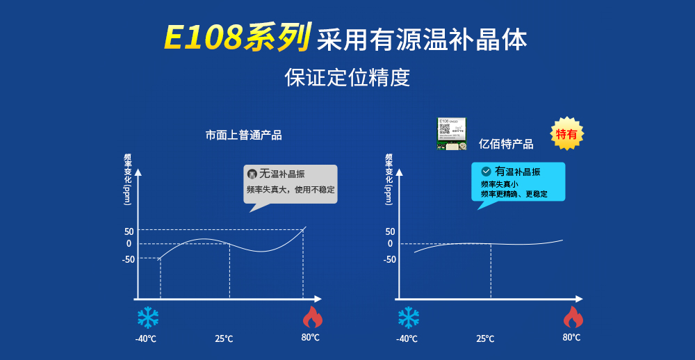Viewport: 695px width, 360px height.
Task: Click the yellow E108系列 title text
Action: tap(236, 39)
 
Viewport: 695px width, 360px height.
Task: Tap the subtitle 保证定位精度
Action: tap(347, 77)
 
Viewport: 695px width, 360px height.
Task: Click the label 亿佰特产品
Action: tap(506, 144)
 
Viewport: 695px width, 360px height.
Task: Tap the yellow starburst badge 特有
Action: tap(567, 133)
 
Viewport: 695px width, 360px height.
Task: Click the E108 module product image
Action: tap(451, 133)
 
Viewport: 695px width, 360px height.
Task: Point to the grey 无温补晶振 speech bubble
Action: tap(291, 183)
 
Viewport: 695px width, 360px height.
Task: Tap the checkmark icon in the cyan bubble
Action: tap(486, 171)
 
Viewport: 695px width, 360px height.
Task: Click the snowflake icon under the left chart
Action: tap(147, 318)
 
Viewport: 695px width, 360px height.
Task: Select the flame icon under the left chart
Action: tap(312, 317)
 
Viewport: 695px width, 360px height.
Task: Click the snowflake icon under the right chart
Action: tap(408, 318)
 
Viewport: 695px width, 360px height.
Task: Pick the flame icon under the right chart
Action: tap(573, 317)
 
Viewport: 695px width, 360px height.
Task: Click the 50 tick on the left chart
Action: tap(129, 231)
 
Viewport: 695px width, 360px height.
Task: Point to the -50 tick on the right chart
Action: tap(390, 259)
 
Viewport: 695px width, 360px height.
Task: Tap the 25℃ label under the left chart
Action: tap(224, 339)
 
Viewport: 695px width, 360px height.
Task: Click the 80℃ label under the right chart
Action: tap(571, 337)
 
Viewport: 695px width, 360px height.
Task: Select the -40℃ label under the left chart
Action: tap(145, 339)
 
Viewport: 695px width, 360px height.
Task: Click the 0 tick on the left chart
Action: tap(129, 243)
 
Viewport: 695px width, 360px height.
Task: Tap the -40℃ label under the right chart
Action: tap(407, 339)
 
